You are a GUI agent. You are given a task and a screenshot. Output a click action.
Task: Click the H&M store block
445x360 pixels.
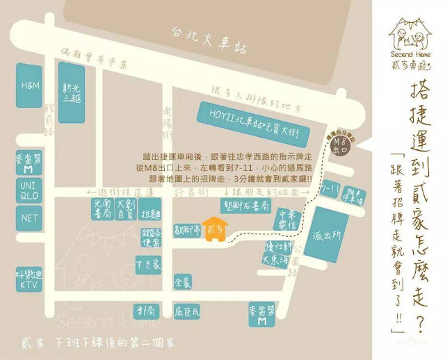pos(31,85)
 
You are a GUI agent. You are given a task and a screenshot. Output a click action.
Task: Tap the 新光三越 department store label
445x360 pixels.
pos(72,93)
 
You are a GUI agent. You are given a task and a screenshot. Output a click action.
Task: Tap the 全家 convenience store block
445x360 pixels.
pos(182,281)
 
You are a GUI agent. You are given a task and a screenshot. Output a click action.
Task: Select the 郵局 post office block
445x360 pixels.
pos(145,310)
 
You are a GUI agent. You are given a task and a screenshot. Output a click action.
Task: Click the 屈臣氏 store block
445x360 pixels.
pos(188,311)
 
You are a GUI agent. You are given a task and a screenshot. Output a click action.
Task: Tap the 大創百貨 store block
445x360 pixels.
pos(125,206)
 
